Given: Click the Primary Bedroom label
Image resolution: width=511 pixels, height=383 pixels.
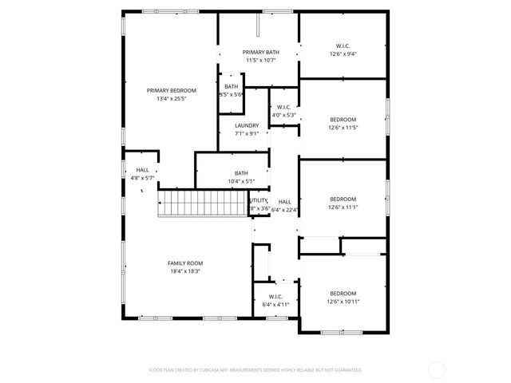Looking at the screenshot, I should [171, 90].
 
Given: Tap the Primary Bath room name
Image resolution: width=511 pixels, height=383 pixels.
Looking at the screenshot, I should [261, 52].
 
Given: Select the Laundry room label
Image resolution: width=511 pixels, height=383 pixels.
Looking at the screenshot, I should [247, 125].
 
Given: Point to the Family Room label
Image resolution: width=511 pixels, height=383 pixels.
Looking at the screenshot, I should [185, 263].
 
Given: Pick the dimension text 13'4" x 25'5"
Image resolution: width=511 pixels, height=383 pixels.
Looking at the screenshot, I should [171, 99].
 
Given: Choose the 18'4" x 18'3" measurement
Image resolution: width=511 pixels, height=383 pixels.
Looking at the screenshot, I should [185, 271].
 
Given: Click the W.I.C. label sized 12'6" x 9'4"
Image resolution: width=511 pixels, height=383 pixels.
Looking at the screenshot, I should [343, 46].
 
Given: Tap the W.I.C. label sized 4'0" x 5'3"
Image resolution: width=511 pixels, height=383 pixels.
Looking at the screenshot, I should [284, 106].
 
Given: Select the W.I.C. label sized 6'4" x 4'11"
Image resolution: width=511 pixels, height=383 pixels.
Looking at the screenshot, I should [277, 296].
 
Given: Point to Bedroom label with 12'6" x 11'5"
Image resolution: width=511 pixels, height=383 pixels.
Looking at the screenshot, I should [343, 119].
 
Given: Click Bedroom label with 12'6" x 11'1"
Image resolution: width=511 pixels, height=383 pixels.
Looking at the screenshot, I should [343, 199].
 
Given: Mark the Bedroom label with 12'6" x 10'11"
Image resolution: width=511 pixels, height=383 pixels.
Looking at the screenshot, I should [343, 293].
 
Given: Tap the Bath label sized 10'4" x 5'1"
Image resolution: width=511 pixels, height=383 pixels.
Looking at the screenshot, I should [240, 173].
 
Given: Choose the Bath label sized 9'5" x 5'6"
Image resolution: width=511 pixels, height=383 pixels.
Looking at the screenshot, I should [231, 86].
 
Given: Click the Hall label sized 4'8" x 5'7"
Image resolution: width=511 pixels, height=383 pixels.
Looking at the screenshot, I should [142, 170].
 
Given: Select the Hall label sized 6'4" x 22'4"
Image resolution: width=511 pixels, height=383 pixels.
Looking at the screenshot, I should [285, 202].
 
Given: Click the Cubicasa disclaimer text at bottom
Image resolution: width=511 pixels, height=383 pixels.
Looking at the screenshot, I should [255, 369].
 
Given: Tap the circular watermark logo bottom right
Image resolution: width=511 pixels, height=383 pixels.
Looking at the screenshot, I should [437, 369].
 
